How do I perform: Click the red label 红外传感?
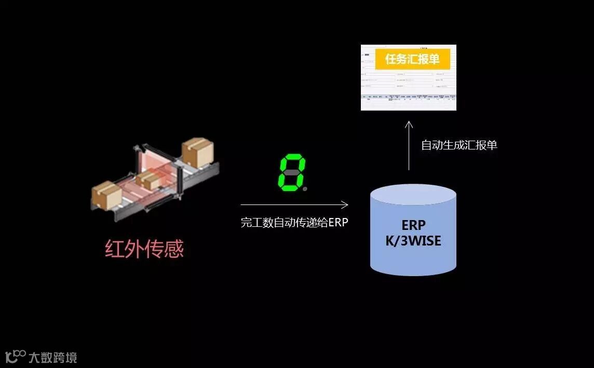coord(144,249)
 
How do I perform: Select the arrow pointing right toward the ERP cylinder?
coord(294,205)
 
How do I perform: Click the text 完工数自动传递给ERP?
coord(294,223)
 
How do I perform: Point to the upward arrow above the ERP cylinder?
coord(409,146)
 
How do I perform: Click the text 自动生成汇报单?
coord(459,145)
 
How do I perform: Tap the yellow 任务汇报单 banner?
coord(412,60)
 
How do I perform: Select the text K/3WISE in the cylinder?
coord(413,241)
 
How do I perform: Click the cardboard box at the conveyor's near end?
coord(106,195)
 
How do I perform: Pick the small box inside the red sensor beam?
coord(150,180)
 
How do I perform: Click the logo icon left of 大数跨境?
coord(15,356)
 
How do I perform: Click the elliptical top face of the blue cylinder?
coord(413,197)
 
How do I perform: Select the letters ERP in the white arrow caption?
coord(338,223)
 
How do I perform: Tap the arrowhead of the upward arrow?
coord(409,125)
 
